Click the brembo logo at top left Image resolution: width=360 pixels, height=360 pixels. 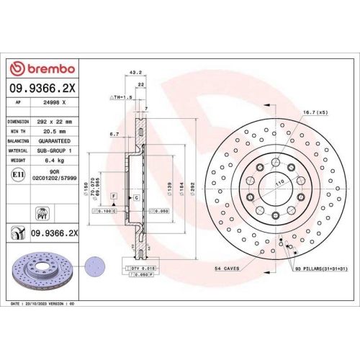(42, 68)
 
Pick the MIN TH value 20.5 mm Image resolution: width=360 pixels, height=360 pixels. (51, 132)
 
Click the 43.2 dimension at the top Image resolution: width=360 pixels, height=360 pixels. (133, 72)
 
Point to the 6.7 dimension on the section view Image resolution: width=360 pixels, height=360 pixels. (115, 134)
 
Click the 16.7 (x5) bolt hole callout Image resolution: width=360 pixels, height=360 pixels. (316, 112)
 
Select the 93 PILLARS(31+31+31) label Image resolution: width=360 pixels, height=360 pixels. (321, 268)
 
